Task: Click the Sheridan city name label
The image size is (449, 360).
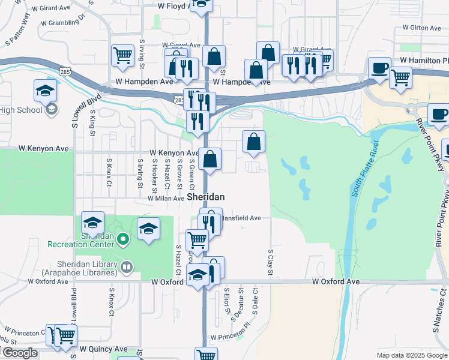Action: pyautogui.click(x=206, y=197)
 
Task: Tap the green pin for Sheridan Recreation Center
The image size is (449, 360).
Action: pyautogui.click(x=124, y=240)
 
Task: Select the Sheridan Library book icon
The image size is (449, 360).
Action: pyautogui.click(x=126, y=266)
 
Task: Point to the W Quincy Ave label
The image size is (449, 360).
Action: pyautogui.click(x=104, y=349)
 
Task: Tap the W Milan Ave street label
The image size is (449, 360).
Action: pyautogui.click(x=161, y=198)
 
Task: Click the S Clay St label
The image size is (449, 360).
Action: pyautogui.click(x=271, y=264)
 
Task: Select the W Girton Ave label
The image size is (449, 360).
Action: pyautogui.click(x=423, y=28)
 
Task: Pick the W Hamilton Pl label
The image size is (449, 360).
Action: pyautogui.click(x=424, y=61)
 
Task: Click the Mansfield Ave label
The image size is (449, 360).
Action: pyautogui.click(x=241, y=218)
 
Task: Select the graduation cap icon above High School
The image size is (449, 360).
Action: pyautogui.click(x=45, y=90)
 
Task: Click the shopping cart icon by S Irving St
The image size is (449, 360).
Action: pyautogui.click(x=122, y=55)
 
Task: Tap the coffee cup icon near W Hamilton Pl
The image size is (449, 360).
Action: pyautogui.click(x=379, y=68)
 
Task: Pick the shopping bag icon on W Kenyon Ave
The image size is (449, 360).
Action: pyautogui.click(x=210, y=159)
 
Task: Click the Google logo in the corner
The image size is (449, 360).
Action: pyautogui.click(x=20, y=353)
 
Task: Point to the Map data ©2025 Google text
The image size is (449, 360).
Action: pyautogui.click(x=412, y=355)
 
